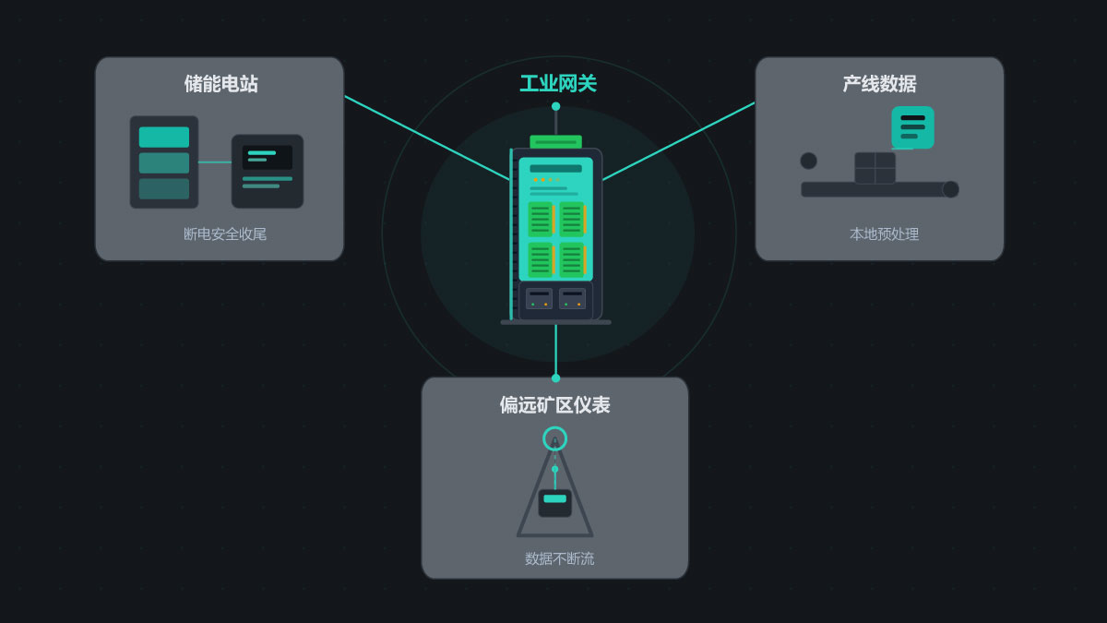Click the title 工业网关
[x=558, y=84]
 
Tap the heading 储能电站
[x=220, y=84]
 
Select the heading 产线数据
[x=880, y=84]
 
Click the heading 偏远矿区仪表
[x=555, y=405]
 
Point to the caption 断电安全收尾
[x=225, y=234]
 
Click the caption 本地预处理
[x=884, y=234]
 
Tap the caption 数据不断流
[x=559, y=558]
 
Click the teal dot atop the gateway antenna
[x=556, y=106]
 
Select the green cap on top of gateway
[x=556, y=142]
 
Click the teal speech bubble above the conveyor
[x=912, y=127]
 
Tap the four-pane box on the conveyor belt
[x=875, y=168]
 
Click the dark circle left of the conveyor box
[x=808, y=161]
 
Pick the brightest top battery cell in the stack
[x=164, y=137]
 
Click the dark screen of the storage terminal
[x=268, y=157]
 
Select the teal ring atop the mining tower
[x=555, y=438]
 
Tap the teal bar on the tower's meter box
[x=555, y=498]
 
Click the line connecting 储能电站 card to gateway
[x=427, y=138]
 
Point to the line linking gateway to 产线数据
[x=679, y=141]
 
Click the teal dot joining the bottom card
[x=556, y=378]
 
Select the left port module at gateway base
[x=539, y=299]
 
